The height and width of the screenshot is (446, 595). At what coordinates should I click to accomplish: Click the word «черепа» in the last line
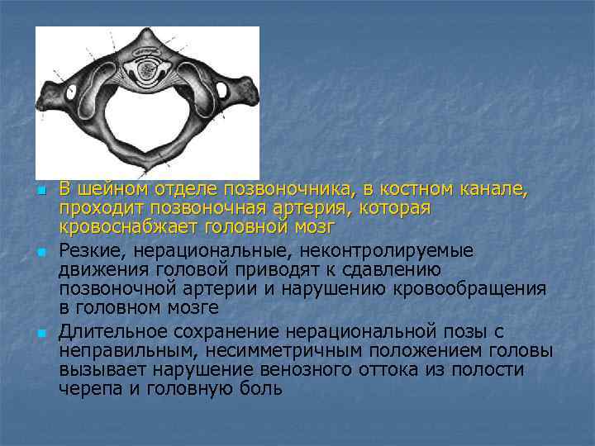pyautogui.click(x=88, y=388)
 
